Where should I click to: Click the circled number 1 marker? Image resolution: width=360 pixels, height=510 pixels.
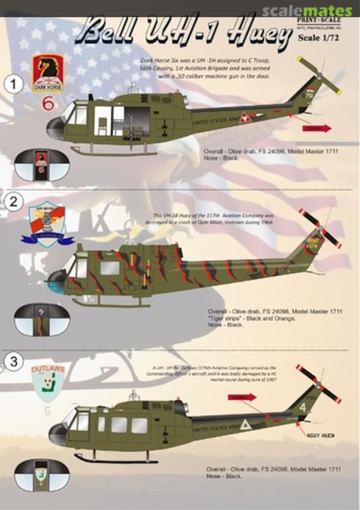click(x=14, y=85)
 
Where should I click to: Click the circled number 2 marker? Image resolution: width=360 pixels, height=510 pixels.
click(x=14, y=202)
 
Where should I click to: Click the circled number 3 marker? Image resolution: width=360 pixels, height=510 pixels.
click(x=14, y=362)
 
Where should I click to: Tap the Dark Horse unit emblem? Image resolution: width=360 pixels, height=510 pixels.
click(x=48, y=73)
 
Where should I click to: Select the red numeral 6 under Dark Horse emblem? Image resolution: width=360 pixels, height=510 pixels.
click(x=48, y=103)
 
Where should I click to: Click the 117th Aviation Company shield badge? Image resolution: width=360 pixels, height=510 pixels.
click(x=47, y=224)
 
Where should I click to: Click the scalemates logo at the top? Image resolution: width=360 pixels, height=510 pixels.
click(x=307, y=11)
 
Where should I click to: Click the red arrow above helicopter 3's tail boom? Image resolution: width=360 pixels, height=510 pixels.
click(x=242, y=397)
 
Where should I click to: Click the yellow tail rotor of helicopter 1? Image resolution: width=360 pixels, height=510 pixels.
click(x=319, y=76)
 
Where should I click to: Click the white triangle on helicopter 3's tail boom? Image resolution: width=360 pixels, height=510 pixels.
click(x=245, y=424)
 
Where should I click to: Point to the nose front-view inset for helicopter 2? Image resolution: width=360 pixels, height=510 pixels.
click(x=42, y=320)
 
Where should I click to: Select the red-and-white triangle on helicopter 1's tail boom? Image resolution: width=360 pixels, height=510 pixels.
click(x=245, y=118)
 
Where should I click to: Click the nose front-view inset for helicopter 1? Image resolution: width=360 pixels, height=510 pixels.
click(x=42, y=165)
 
